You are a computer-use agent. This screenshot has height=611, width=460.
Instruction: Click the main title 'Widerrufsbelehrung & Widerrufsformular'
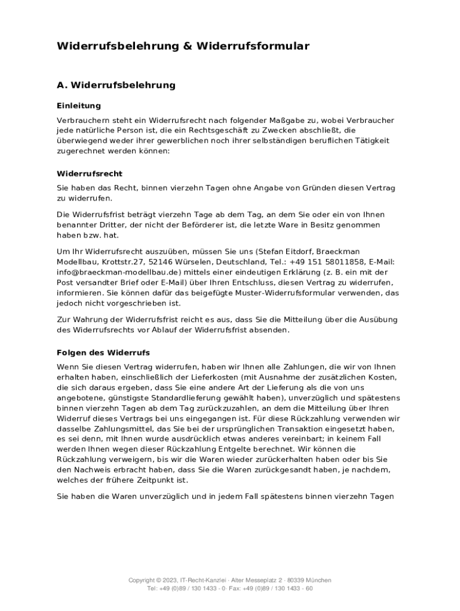click(183, 46)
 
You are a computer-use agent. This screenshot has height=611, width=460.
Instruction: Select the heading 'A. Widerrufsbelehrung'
click(116, 85)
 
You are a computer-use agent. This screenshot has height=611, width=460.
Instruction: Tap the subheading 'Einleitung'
click(79, 106)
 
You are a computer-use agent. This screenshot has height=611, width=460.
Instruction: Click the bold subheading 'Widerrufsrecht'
click(89, 174)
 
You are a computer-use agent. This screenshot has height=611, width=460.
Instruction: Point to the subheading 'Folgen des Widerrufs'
click(103, 353)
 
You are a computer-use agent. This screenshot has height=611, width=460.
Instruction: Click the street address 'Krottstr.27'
click(126, 261)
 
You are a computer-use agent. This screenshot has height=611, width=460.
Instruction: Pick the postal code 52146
click(165, 261)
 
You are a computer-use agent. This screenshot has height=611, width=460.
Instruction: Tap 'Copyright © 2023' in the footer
click(153, 580)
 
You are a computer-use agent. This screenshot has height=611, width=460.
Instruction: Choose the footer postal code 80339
click(296, 580)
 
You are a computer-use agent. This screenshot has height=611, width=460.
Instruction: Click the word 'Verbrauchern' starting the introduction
click(82, 120)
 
